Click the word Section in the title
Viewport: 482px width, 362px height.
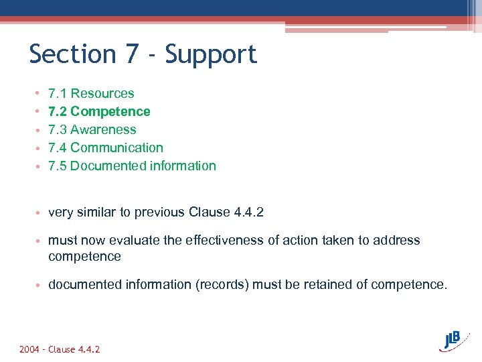click(72, 54)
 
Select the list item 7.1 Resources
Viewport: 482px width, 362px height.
click(91, 94)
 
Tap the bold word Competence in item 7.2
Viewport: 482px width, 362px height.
click(110, 112)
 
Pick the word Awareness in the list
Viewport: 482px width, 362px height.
click(103, 130)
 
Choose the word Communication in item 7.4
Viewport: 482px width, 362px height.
click(116, 148)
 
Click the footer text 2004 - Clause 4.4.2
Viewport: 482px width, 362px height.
click(60, 350)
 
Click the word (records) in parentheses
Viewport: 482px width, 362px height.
click(220, 285)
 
